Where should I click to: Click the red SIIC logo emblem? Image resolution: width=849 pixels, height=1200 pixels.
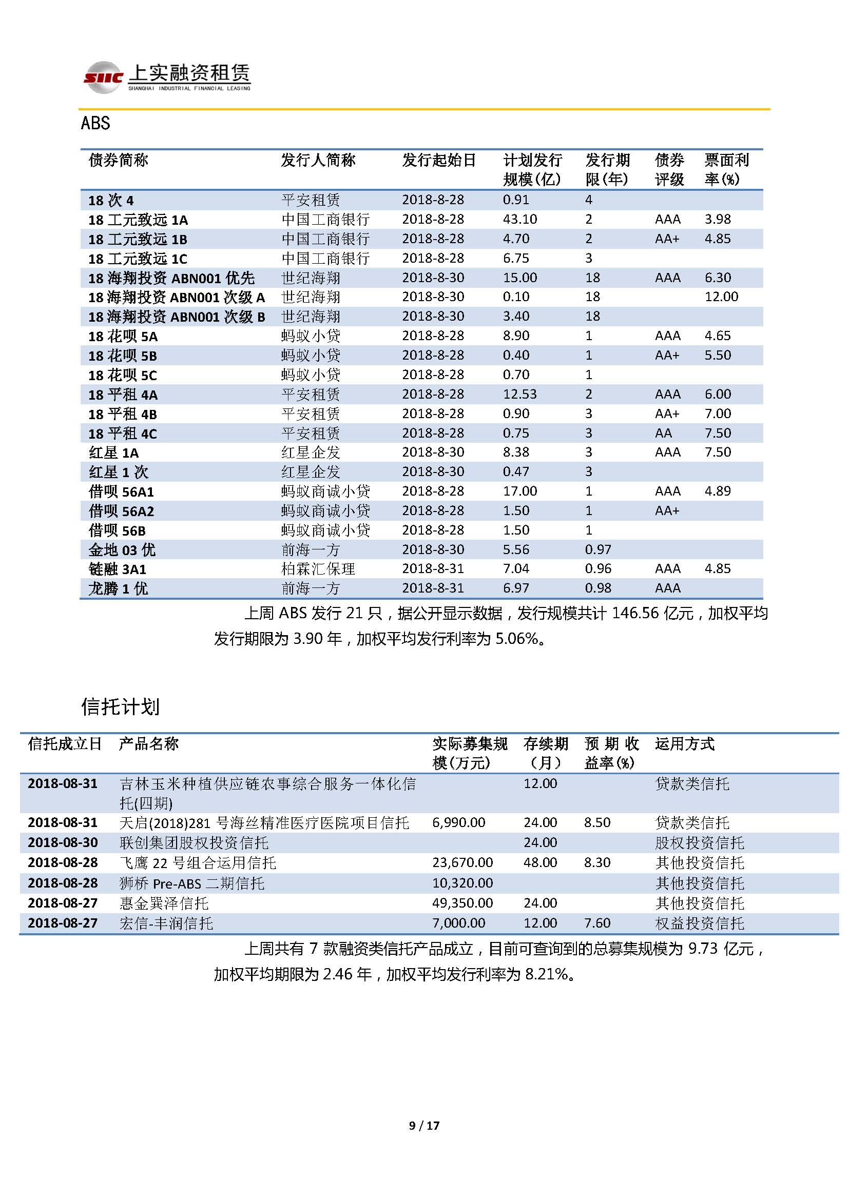(x=103, y=78)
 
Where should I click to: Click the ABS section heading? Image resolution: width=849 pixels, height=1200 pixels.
(x=95, y=123)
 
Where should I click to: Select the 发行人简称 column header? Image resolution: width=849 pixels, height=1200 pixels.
(x=318, y=160)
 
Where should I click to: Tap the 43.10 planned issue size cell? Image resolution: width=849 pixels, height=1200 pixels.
(x=519, y=219)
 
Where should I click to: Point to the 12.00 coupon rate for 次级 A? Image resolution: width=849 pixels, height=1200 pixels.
(x=721, y=297)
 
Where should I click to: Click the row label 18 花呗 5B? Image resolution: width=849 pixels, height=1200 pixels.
(x=122, y=356)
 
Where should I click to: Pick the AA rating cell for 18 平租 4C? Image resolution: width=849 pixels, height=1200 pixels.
(x=663, y=434)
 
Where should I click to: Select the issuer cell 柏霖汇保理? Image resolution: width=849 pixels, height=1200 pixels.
(x=318, y=568)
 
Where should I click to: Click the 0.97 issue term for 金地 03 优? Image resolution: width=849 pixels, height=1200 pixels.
(x=598, y=549)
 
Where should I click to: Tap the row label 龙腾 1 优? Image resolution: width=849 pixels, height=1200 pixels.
(x=118, y=588)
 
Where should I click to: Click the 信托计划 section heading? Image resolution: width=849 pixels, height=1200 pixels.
(x=120, y=706)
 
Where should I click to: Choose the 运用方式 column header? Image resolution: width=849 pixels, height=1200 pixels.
(x=684, y=744)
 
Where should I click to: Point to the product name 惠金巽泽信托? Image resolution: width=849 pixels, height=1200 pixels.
(x=164, y=903)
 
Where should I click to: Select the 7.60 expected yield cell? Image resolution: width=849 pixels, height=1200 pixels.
(x=597, y=923)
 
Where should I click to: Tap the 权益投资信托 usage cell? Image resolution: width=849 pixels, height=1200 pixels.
(x=699, y=923)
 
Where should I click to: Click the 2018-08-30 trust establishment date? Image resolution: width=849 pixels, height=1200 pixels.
(x=63, y=842)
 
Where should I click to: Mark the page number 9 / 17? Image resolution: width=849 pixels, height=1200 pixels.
(x=424, y=1125)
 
